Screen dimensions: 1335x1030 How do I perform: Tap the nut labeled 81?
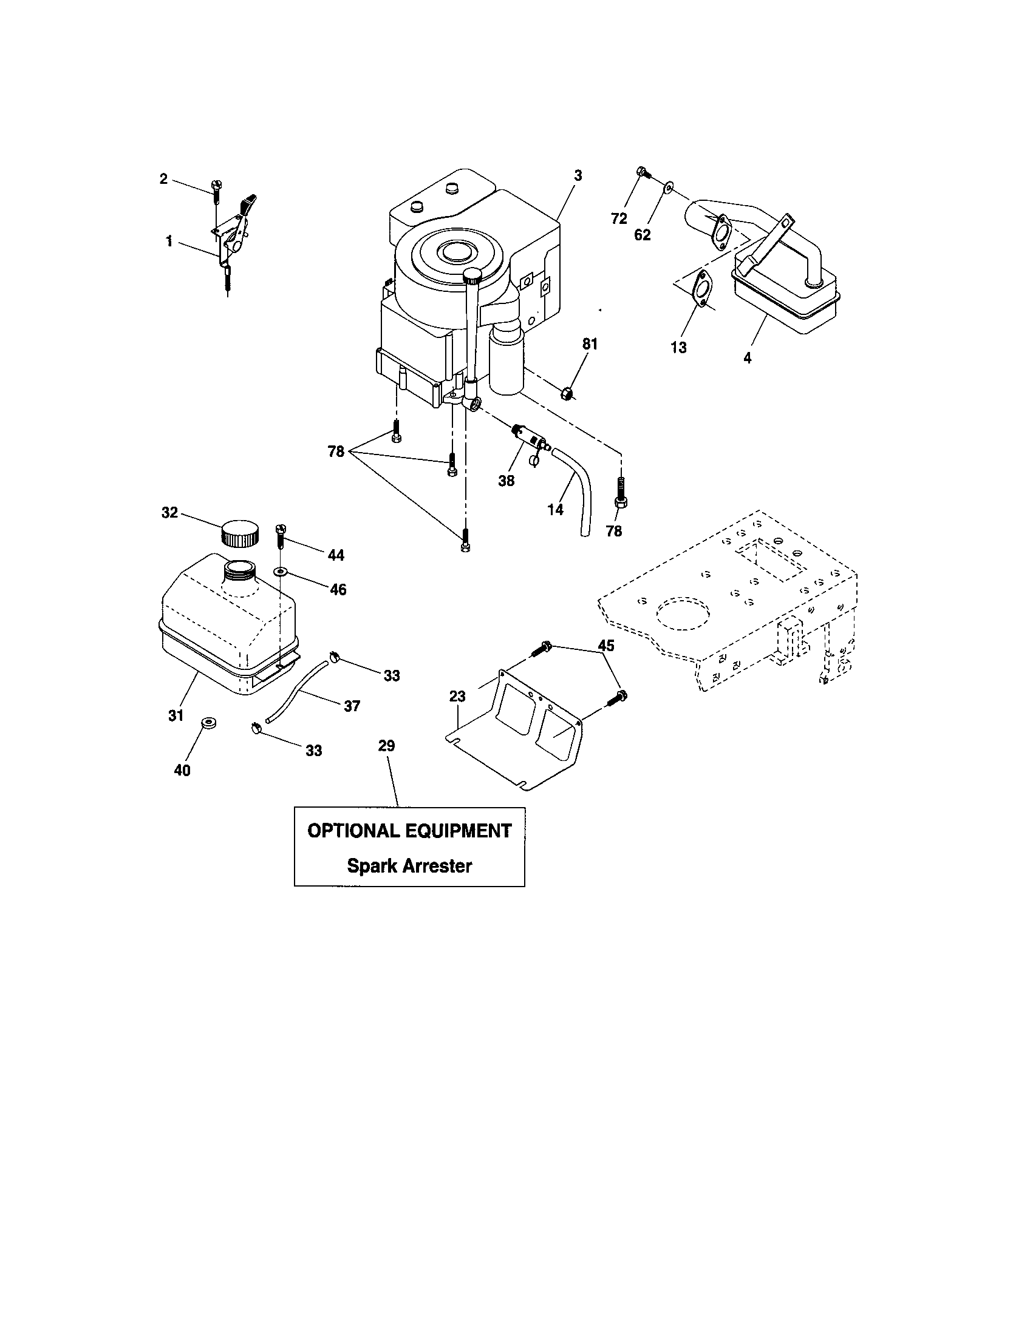[x=567, y=393]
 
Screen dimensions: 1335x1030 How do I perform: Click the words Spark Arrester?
[x=409, y=865]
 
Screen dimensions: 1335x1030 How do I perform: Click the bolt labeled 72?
[x=642, y=172]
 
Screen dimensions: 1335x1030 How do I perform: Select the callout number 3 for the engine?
[x=578, y=175]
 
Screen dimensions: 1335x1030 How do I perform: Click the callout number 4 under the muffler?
[x=747, y=358]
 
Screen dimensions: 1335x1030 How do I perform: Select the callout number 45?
[x=605, y=646]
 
